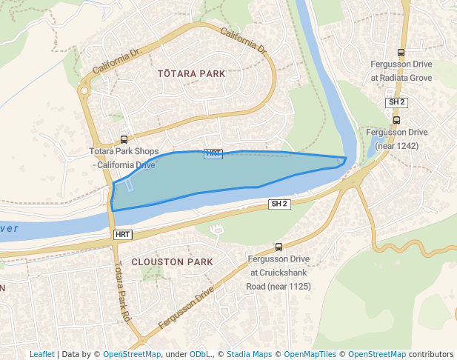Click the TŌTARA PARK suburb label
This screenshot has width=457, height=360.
coord(191,74)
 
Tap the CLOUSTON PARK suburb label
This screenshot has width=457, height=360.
coord(172,262)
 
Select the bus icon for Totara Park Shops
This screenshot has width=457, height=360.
coord(124,139)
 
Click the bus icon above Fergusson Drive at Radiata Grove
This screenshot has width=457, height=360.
coord(401,53)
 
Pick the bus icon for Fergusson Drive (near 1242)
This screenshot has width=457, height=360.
coord(396,120)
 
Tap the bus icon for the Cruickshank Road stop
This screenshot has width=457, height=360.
coord(278,247)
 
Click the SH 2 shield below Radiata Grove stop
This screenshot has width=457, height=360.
coord(396,101)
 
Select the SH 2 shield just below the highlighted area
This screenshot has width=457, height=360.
coord(278,204)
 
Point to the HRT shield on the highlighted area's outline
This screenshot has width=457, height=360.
coord(213,153)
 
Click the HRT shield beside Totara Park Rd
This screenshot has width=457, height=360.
coord(123,234)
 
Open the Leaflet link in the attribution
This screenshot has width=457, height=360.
coord(41,354)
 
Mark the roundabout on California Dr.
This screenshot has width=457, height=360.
coord(84,91)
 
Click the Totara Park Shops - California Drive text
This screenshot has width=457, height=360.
coord(123,158)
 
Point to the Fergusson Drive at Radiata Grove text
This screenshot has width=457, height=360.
coord(401,71)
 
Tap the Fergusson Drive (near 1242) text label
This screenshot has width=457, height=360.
coord(397,139)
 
